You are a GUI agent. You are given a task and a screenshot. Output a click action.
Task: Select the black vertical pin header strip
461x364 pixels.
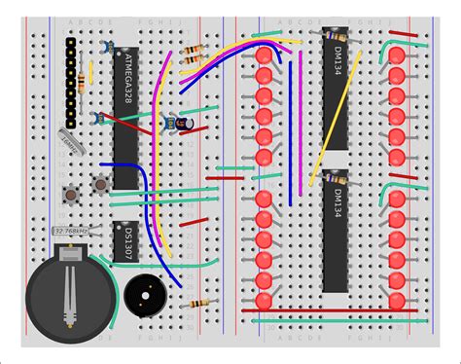tap(71, 78)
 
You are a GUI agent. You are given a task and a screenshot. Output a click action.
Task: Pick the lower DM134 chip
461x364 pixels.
tap(336, 234)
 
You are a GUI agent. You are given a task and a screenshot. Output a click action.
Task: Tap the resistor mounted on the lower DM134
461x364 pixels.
tap(336, 181)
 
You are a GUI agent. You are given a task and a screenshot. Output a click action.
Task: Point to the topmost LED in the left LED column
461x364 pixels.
tap(263, 55)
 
